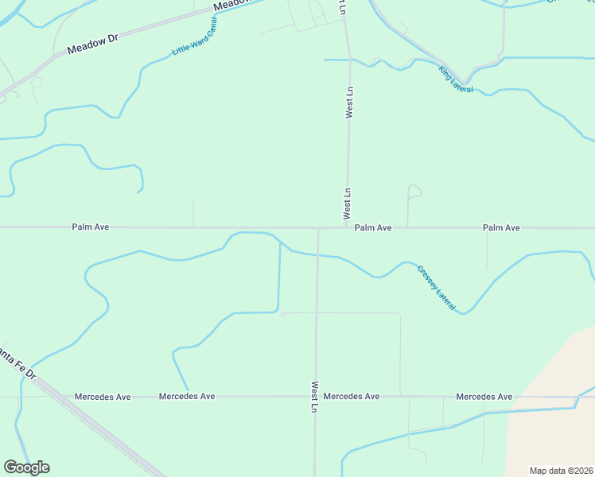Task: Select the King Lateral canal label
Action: click(456, 79)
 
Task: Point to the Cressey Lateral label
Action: click(436, 288)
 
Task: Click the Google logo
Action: click(26, 467)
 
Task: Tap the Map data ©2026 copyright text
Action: click(561, 471)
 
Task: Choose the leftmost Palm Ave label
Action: click(91, 227)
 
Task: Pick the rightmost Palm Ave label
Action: click(501, 228)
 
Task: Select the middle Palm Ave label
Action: click(373, 228)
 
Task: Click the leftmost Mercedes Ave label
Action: click(102, 396)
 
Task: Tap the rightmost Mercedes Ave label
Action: click(484, 396)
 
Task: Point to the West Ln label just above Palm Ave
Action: click(347, 204)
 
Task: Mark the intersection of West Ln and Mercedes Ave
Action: click(316, 396)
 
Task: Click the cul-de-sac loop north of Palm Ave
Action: click(414, 190)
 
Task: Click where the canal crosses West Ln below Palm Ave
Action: click(317, 255)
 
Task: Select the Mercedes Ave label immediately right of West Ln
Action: click(352, 396)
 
